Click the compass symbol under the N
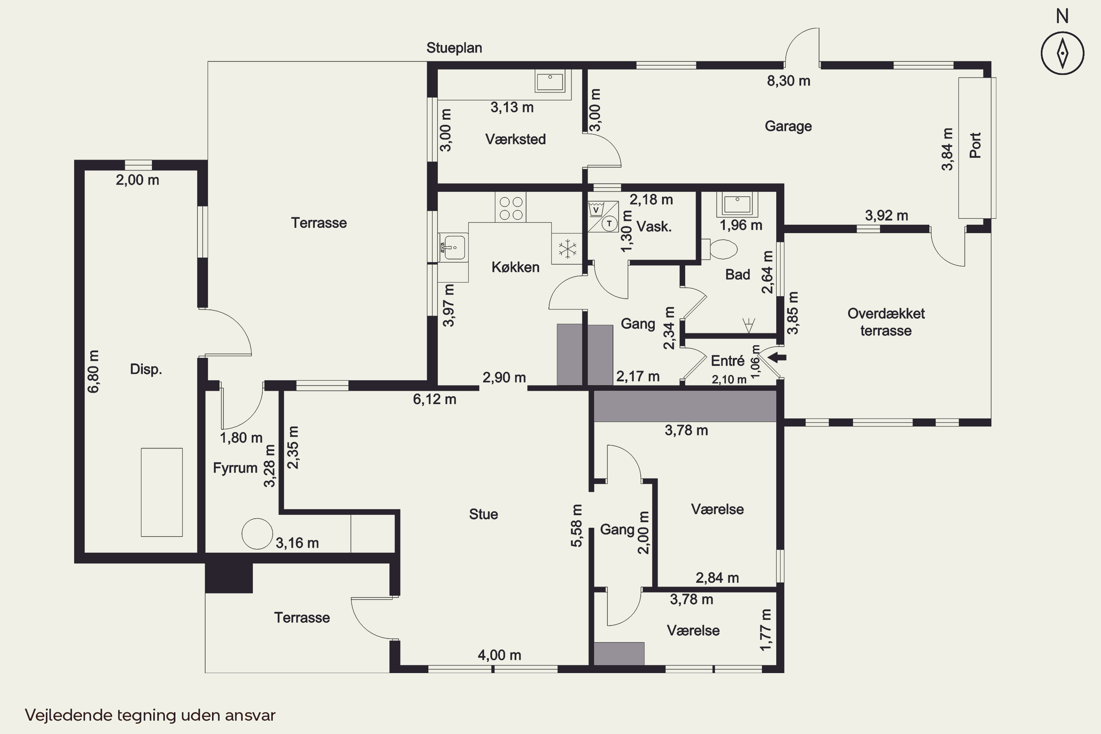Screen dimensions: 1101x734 click(1062, 53)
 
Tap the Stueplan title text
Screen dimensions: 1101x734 click(454, 48)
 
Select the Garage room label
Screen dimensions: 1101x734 click(788, 126)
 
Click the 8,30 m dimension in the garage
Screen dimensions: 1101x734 click(788, 81)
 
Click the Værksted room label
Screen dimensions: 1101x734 click(515, 139)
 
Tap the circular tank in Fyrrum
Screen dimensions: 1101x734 click(257, 534)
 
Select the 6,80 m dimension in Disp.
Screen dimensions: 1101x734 click(93, 371)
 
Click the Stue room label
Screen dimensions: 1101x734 click(484, 514)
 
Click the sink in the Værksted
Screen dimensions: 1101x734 click(550, 81)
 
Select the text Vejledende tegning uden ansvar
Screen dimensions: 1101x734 click(150, 715)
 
